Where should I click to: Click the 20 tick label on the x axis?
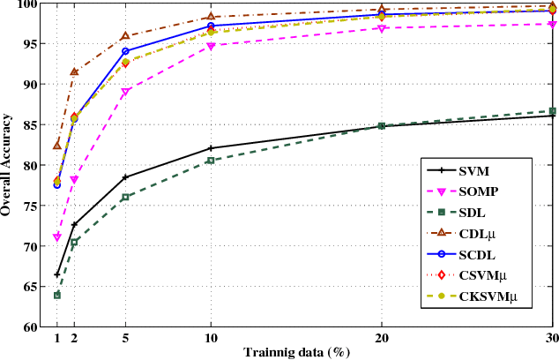[x=381, y=339]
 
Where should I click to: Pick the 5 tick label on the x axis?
[x=125, y=339]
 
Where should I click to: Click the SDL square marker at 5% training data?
[x=125, y=197]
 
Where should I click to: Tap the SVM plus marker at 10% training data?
[x=211, y=148]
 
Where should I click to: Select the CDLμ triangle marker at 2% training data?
[x=74, y=71]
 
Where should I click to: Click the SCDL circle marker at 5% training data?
[x=125, y=51]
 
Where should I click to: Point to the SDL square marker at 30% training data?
[x=552, y=111]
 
